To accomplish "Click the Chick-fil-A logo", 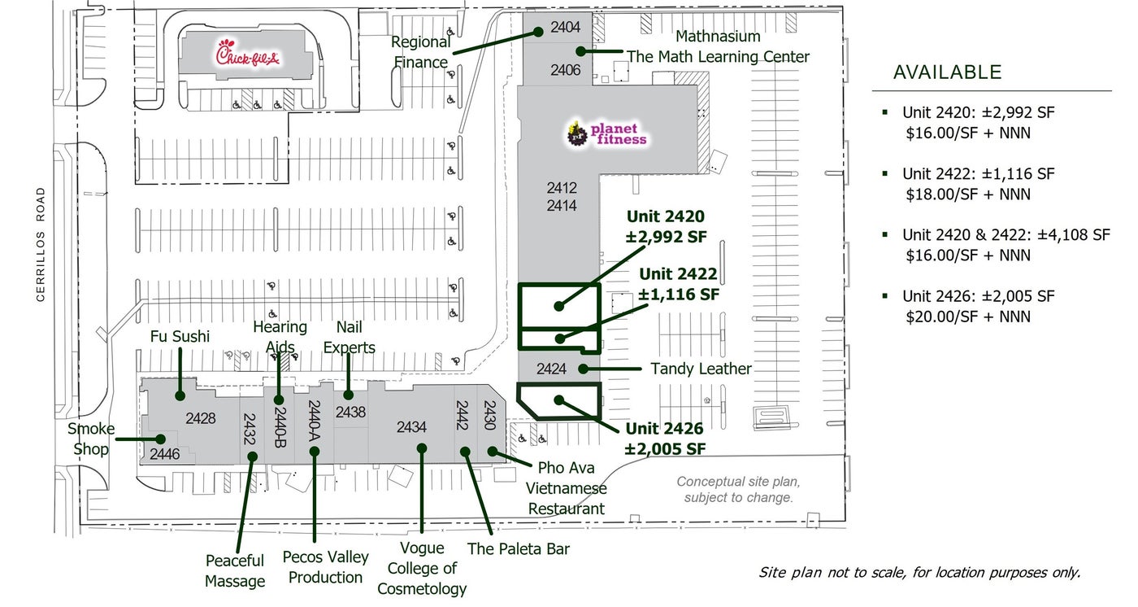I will (x=248, y=55).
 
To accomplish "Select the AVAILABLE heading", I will (x=947, y=72).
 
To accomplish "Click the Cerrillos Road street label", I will (x=41, y=245).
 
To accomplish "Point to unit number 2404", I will (x=566, y=27).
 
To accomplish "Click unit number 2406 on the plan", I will (x=566, y=70).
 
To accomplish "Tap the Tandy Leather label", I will (x=701, y=369).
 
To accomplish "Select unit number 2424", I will (x=551, y=369).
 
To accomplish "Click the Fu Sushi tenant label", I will (x=180, y=337).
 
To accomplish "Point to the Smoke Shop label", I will (x=91, y=439).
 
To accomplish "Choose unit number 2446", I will (x=164, y=454).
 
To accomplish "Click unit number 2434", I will (x=411, y=426).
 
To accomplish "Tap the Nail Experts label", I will (x=350, y=338).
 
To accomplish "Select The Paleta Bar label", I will (x=518, y=549).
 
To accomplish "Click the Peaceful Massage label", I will (x=235, y=570).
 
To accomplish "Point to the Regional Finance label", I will (x=421, y=52).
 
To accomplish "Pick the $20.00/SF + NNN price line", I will (x=968, y=317).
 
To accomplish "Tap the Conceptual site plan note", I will (x=738, y=489).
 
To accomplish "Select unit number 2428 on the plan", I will (x=201, y=418).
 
